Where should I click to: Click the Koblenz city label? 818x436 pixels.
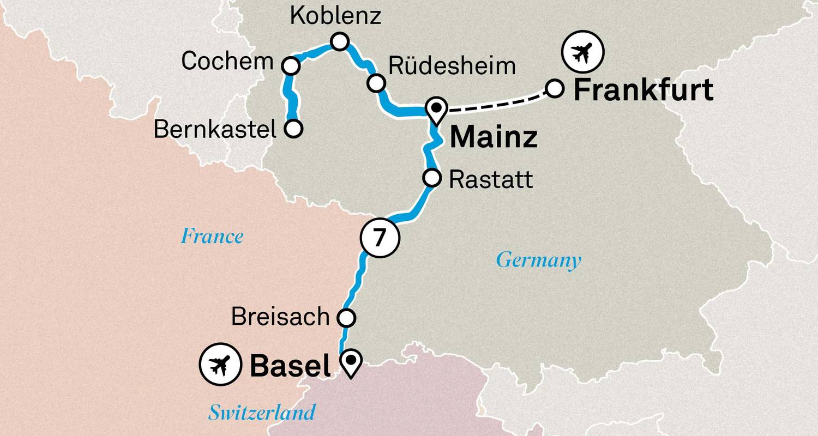(335, 16)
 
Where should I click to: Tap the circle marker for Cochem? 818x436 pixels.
(291, 66)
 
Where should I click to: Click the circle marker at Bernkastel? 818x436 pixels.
(293, 129)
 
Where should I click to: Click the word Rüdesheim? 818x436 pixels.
(452, 66)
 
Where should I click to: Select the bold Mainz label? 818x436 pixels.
(493, 137)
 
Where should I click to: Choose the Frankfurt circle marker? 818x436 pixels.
(554, 88)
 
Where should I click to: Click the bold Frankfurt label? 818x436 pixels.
(643, 90)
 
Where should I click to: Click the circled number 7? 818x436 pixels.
(380, 238)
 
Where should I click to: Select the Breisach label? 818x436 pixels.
(280, 317)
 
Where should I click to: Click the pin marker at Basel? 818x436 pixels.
(350, 362)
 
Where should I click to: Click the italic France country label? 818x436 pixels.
(212, 237)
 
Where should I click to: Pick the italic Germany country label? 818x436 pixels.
(538, 260)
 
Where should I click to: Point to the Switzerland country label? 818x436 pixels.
(262, 412)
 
